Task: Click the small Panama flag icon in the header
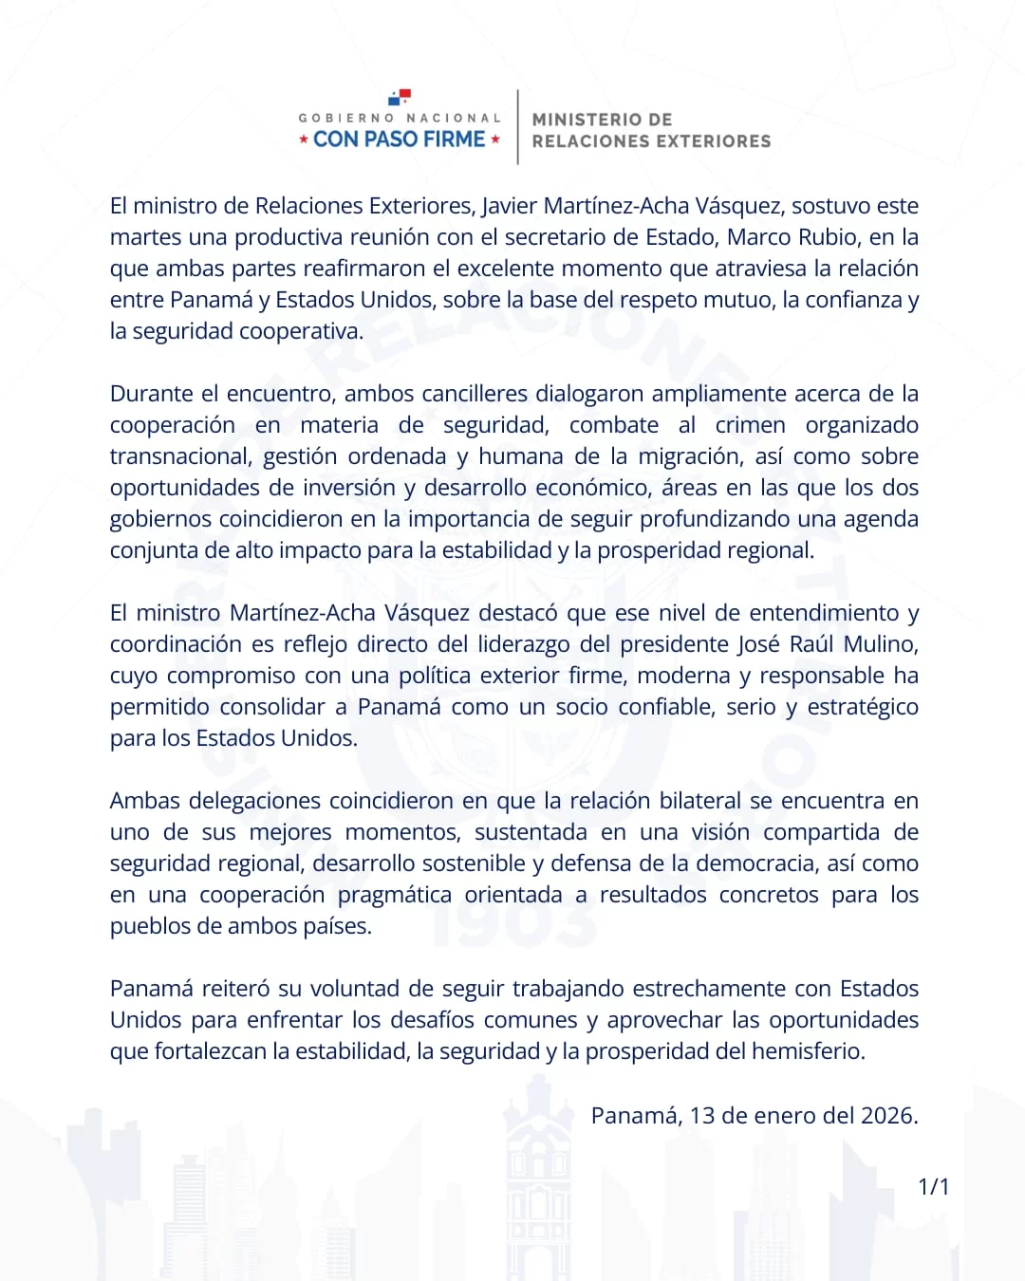pos(400,97)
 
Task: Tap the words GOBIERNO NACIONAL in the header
pos(400,119)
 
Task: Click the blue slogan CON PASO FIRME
pos(400,139)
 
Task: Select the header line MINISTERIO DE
pos(602,120)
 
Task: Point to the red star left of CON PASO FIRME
pos(304,139)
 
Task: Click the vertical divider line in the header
pos(517,127)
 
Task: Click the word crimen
pos(750,425)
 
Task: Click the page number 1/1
pos(933,1186)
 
